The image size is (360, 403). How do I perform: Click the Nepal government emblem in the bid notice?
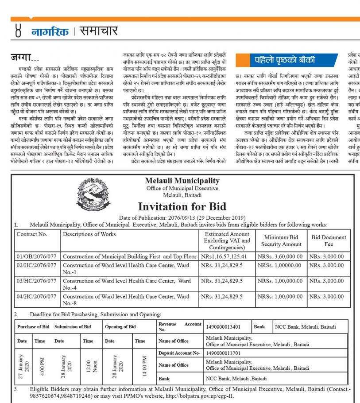(x=95, y=194)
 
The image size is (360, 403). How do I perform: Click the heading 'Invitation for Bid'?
(x=182, y=206)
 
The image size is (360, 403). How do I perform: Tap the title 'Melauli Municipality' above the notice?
(x=182, y=181)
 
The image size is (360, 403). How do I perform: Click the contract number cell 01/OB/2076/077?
(x=37, y=256)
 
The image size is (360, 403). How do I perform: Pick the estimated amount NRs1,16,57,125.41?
(x=224, y=256)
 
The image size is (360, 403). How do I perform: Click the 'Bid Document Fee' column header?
(x=329, y=240)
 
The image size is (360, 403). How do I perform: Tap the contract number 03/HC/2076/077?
(x=37, y=281)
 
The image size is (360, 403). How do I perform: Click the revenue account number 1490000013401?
(x=224, y=327)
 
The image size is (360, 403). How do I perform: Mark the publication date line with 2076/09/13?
(x=182, y=217)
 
